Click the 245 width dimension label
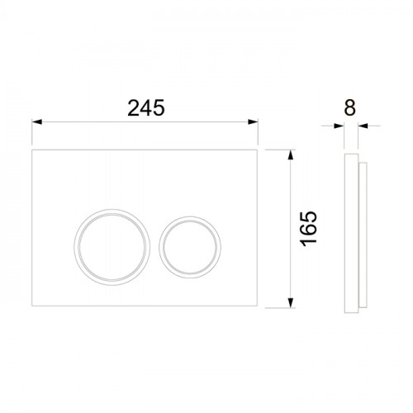pyautogui.click(x=146, y=108)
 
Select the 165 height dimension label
pyautogui.click(x=308, y=229)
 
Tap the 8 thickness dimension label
pyautogui.click(x=350, y=107)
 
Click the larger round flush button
pyautogui.click(x=112, y=247)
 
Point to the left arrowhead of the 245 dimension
pyautogui.click(x=37, y=121)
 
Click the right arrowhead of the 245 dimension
pyautogui.click(x=253, y=121)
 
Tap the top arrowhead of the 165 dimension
pyautogui.click(x=290, y=154)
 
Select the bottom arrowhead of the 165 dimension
pyautogui.click(x=290, y=302)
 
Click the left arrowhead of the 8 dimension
pyautogui.click(x=339, y=126)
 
